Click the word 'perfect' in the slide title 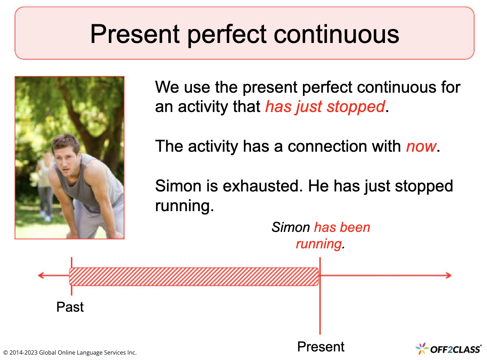227,35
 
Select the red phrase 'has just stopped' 325,107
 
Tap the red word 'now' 421,146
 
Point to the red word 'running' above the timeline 319,244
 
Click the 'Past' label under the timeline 70,307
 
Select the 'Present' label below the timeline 321,347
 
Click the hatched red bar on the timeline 194,276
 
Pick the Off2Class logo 448,349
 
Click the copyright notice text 70,352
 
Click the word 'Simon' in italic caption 290,227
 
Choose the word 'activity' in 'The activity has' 213,147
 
